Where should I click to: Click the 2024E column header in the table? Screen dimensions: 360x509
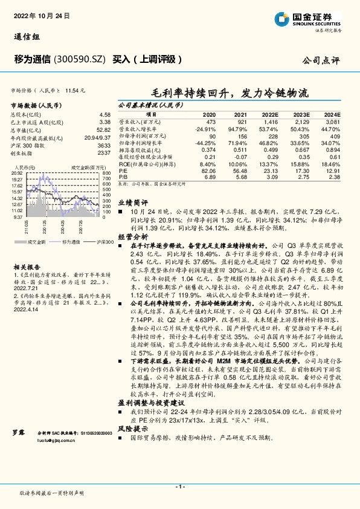332,114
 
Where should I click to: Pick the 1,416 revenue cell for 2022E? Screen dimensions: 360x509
270,122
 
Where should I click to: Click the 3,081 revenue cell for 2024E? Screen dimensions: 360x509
333,122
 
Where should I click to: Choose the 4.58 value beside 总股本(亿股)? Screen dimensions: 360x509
104,114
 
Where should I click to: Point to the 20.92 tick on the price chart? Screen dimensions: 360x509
16,173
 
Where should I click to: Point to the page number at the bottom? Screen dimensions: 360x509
179,487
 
